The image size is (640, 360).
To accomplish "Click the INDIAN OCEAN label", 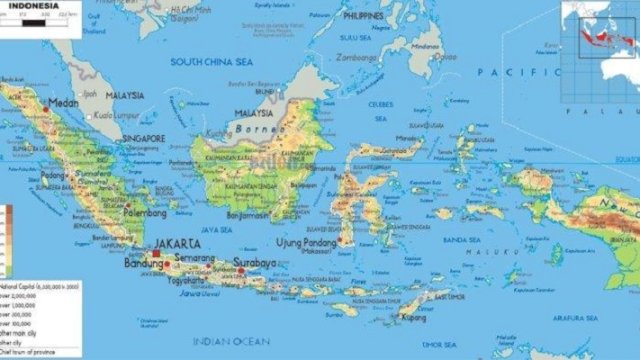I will [x=224, y=340].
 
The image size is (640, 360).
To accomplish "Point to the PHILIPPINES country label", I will [x=365, y=17].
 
